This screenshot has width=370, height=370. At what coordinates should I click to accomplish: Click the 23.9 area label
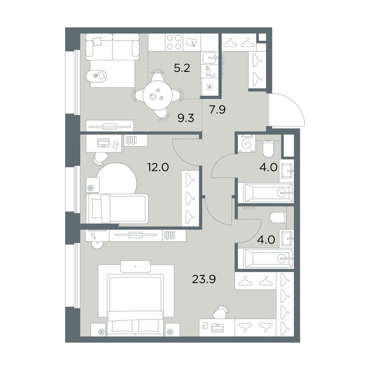pyautogui.click(x=204, y=279)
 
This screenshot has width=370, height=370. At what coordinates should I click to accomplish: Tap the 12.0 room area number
pyautogui.click(x=158, y=167)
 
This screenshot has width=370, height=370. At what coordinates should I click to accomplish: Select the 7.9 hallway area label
pyautogui.click(x=218, y=110)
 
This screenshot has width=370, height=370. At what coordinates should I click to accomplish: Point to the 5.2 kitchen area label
pyautogui.click(x=182, y=68)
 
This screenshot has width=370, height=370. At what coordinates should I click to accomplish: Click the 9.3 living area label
pyautogui.click(x=186, y=118)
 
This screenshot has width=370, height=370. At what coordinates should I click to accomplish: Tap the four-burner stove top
pyautogui.click(x=174, y=42)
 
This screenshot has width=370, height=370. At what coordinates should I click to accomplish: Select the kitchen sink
pyautogui.click(x=209, y=58)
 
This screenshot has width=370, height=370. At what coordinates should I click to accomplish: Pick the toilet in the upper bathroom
pyautogui.click(x=268, y=148)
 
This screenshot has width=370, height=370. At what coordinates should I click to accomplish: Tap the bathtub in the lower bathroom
pyautogui.click(x=266, y=259)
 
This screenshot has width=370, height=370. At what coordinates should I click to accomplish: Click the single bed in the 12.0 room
pyautogui.click(x=117, y=208)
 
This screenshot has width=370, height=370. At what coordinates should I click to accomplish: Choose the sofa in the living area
pyautogui.click(x=112, y=47)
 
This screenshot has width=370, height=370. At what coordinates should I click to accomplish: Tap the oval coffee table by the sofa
pyautogui.click(x=97, y=75)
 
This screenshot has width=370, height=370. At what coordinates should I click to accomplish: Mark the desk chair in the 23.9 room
pyautogui.click(x=221, y=312)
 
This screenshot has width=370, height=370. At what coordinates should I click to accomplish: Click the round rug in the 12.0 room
pyautogui.click(x=117, y=179)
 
